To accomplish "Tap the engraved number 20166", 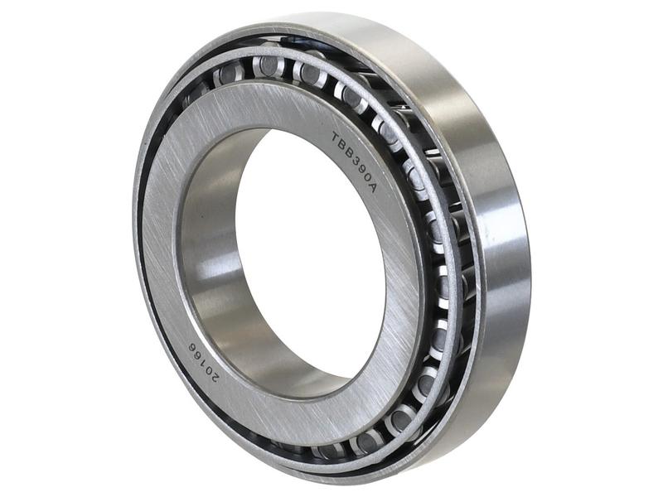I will pyautogui.click(x=203, y=361).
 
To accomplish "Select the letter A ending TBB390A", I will pyautogui.click(x=372, y=187).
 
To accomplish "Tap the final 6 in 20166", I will pyautogui.click(x=192, y=346).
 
